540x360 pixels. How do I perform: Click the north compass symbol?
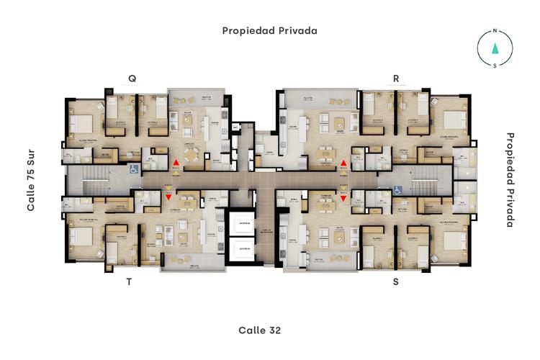click(x=495, y=48)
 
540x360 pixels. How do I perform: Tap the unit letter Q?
click(x=132, y=78)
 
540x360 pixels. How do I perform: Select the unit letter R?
click(x=395, y=78)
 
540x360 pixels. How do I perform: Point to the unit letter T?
click(x=130, y=282)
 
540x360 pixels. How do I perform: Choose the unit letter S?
click(x=395, y=282)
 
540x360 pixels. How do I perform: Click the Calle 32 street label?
click(x=259, y=330)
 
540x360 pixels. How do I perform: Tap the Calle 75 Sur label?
click(x=31, y=181)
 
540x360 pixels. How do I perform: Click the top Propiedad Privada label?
click(x=269, y=30)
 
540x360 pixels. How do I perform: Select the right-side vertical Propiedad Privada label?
click(x=510, y=179)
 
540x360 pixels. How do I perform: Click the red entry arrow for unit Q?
click(x=176, y=163)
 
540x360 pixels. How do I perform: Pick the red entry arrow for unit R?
click(x=343, y=163)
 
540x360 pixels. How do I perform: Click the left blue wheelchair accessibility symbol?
click(x=132, y=170)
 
